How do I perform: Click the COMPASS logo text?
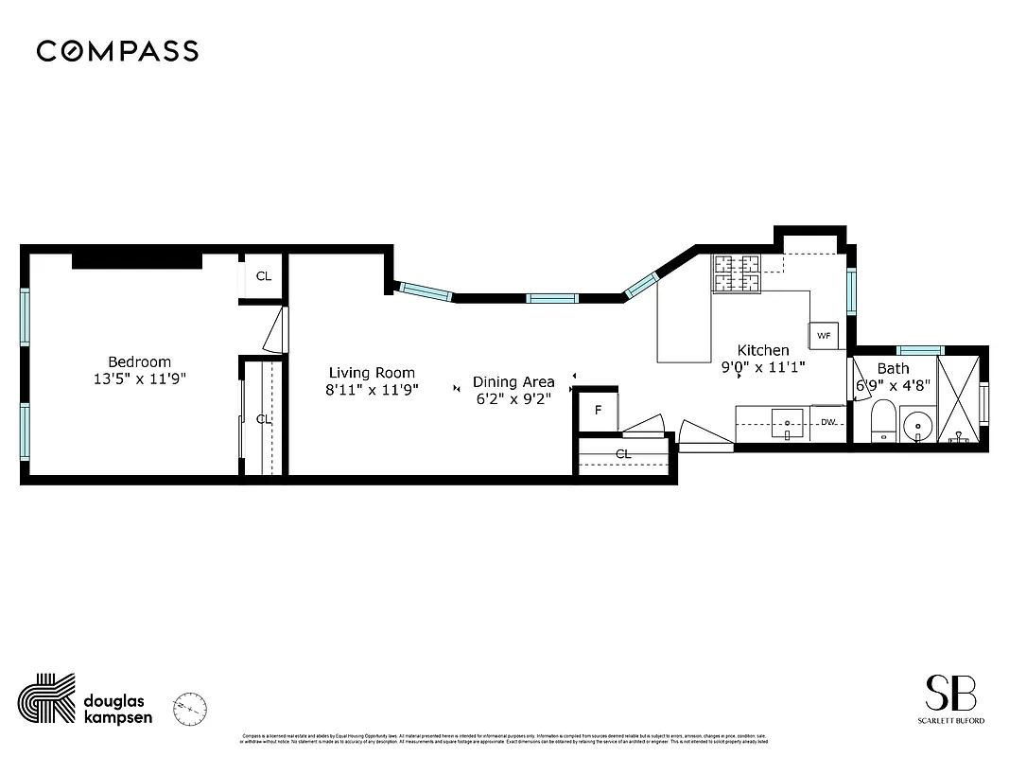point(117,51)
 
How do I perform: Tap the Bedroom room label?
point(139,361)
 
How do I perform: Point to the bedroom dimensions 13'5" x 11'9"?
point(139,378)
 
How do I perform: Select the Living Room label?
point(372,373)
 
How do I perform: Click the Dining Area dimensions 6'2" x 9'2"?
point(513,399)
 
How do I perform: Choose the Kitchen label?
point(763,350)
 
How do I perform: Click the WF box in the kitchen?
point(823,336)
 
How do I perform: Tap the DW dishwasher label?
point(827,422)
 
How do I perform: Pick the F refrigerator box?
point(598,411)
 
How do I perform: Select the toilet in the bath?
point(882,420)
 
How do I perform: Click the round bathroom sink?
point(916,425)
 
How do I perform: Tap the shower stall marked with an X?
point(958,399)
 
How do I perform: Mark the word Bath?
point(893,368)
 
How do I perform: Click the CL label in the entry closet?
point(623,454)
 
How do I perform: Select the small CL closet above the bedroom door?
point(264,276)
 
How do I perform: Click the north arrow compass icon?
point(190,707)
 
